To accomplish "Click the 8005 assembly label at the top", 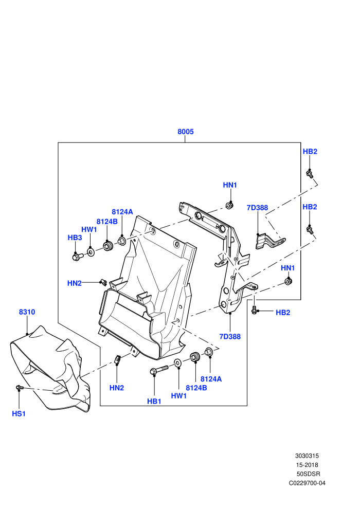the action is [185, 132].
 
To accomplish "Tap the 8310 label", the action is [27, 312].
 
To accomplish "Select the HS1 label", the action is [19, 413].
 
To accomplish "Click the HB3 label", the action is [75, 238].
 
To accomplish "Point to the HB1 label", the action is [154, 402].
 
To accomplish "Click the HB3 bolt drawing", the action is [78, 257].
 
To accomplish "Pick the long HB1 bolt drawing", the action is [159, 370].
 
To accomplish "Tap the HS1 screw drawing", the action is [20, 388].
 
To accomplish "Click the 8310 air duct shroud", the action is [50, 369].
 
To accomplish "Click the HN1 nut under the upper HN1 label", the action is [229, 206].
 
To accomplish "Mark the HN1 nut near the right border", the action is [287, 281].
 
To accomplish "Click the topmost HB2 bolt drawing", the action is [310, 174].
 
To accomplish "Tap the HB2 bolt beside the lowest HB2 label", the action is [254, 310].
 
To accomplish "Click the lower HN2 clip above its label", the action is [118, 359].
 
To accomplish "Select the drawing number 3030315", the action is [307, 456].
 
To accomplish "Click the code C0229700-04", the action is [307, 483].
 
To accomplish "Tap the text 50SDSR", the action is [308, 474].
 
